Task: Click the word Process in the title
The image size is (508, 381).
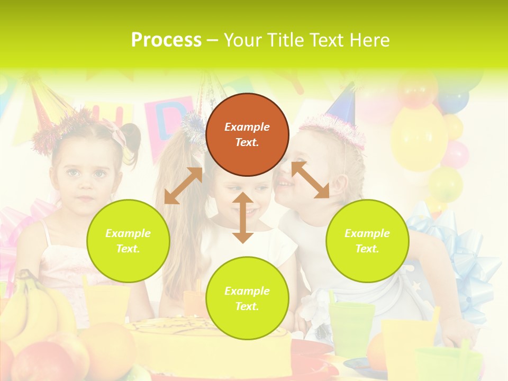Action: click(166, 40)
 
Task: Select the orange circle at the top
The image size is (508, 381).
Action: click(247, 134)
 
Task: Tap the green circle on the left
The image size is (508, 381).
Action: click(128, 241)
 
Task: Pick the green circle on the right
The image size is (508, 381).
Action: click(367, 241)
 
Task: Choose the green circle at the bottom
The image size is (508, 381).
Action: click(247, 298)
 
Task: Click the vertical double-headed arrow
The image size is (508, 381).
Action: click(243, 217)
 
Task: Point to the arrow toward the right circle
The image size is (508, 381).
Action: click(310, 180)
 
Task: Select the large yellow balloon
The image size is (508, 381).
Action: click(419, 138)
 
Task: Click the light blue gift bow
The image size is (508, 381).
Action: click(466, 265)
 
